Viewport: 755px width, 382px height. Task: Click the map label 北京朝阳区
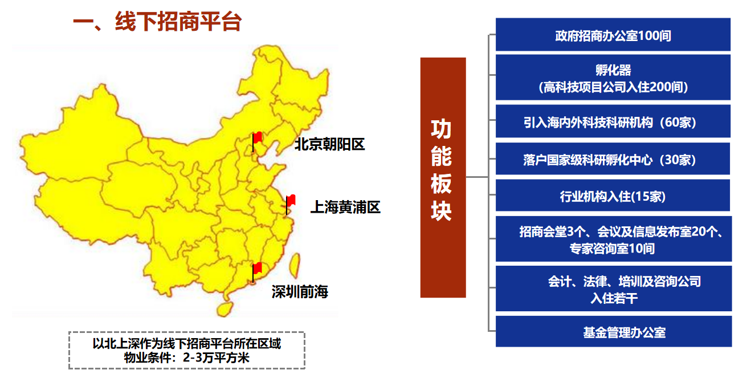point(330,144)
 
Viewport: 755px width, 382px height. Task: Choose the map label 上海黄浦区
point(345,207)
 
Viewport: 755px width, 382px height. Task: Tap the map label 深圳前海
point(300,292)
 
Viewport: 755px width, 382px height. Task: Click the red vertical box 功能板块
point(443,177)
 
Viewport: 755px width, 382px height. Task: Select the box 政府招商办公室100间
point(613,34)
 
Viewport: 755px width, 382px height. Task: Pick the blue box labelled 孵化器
point(613,77)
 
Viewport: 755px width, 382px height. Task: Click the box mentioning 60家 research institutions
point(613,121)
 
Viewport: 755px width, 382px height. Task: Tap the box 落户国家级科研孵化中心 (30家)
point(613,159)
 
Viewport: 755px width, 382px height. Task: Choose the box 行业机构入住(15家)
point(613,195)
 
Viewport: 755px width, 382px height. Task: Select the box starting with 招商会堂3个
point(614,239)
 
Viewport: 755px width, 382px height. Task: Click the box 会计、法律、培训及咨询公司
point(614,288)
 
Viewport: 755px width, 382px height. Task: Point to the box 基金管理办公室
point(614,331)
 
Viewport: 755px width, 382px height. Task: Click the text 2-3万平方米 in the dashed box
point(216,357)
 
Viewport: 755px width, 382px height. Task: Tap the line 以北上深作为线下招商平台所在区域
point(187,344)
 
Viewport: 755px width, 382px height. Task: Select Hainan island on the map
point(225,309)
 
